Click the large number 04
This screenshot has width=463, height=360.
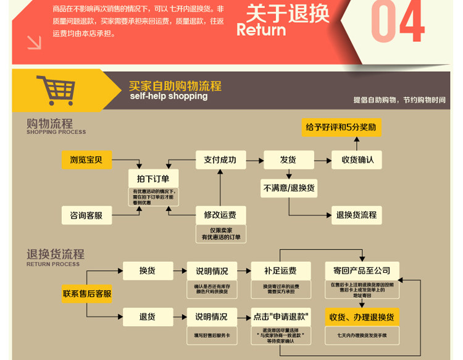tap(398, 22)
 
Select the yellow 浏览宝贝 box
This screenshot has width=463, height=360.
tap(86, 160)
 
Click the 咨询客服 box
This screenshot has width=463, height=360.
tap(86, 216)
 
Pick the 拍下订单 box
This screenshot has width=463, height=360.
tap(153, 178)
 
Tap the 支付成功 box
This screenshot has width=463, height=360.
tap(220, 160)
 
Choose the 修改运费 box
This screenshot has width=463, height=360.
tap(220, 216)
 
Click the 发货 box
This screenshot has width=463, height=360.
tap(288, 160)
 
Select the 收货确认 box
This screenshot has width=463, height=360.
tap(358, 160)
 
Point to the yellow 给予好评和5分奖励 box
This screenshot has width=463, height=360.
tap(341, 128)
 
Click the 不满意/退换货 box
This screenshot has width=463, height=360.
tap(289, 188)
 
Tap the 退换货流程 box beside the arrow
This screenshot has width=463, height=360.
tap(356, 216)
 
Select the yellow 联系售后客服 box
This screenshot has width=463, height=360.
tap(87, 294)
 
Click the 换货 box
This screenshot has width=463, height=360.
tap(148, 270)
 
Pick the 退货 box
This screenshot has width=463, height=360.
tap(148, 317)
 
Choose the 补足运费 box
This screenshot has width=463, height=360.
tap(280, 270)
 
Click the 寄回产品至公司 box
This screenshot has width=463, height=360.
tap(362, 270)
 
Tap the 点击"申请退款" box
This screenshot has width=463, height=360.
tap(281, 317)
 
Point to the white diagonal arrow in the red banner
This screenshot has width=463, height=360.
tap(34, 42)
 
